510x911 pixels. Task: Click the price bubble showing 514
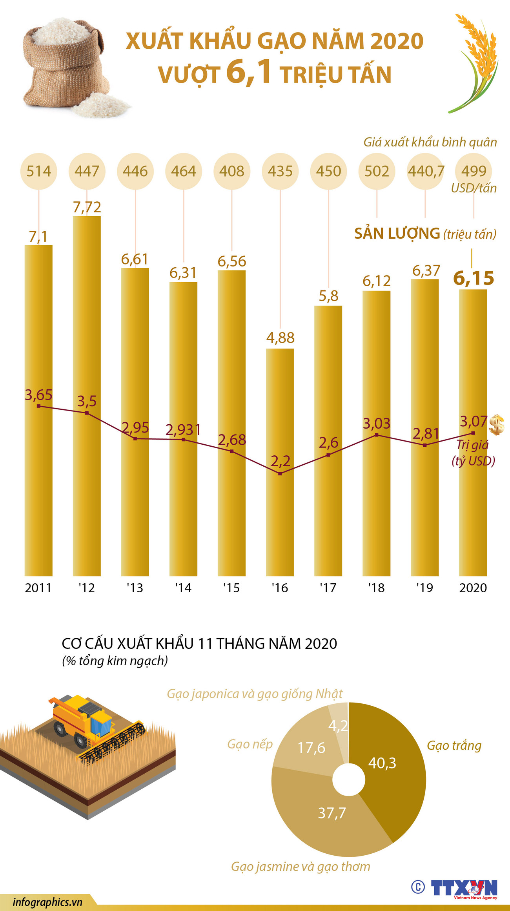pyautogui.click(x=38, y=171)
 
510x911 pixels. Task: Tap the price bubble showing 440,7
pyautogui.click(x=426, y=171)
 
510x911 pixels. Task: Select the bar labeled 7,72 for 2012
pyautogui.click(x=87, y=393)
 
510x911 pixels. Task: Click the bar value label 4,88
pyautogui.click(x=280, y=338)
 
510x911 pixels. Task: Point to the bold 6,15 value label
pyautogui.click(x=474, y=278)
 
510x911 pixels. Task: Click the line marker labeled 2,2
pyautogui.click(x=280, y=474)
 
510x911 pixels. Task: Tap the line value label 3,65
pyautogui.click(x=38, y=395)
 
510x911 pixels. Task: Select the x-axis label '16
pyautogui.click(x=280, y=588)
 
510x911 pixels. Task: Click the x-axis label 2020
pyautogui.click(x=473, y=588)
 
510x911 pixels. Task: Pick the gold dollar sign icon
pyautogui.click(x=497, y=425)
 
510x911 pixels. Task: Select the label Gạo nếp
pyautogui.click(x=250, y=744)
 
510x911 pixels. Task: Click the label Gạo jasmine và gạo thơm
pyautogui.click(x=301, y=866)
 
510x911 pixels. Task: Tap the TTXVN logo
pyautogui.click(x=464, y=888)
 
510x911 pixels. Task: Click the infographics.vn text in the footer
pyautogui.click(x=47, y=902)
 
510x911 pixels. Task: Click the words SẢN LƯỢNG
pyautogui.click(x=397, y=234)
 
